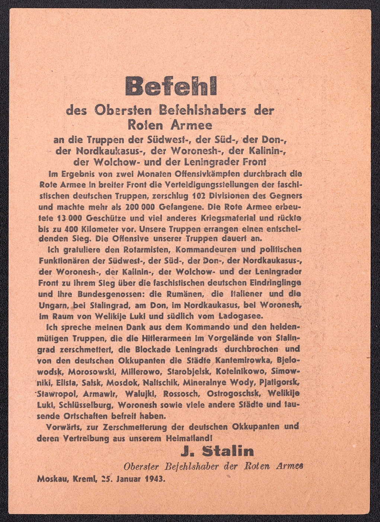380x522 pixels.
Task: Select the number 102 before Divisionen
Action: pos(200,196)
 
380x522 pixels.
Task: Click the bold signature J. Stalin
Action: pos(217,452)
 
